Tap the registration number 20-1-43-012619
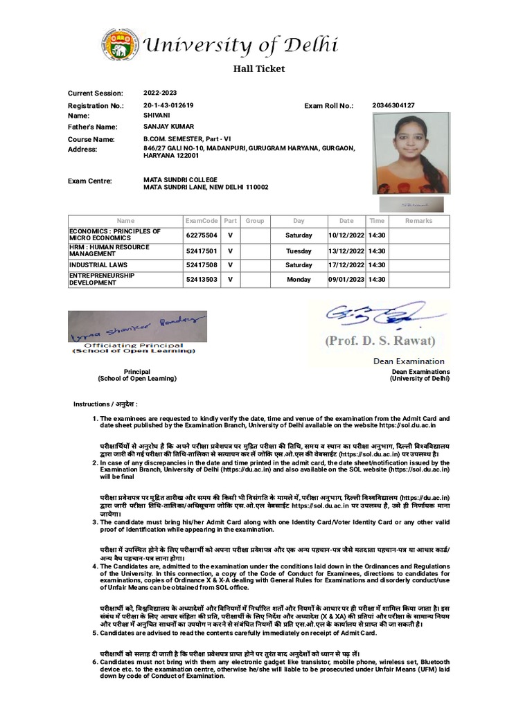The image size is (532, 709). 168,105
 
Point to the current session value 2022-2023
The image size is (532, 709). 160,93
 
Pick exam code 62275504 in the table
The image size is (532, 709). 202,235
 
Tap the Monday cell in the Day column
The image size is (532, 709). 299,279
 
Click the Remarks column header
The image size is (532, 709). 418,221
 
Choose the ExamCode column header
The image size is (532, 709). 202,221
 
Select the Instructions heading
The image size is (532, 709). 106,404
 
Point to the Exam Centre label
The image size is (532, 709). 89,181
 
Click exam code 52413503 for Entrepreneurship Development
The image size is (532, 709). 202,279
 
